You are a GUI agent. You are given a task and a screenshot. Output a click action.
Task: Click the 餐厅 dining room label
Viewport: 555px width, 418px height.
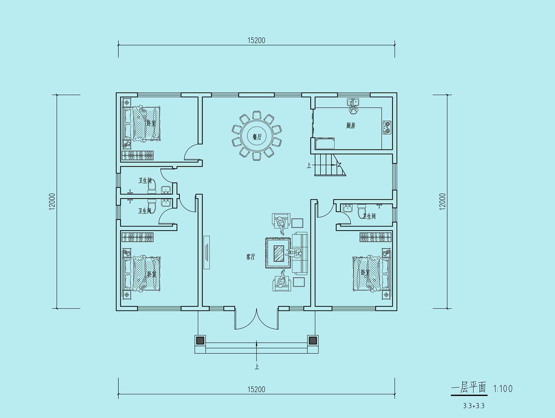pos(257,137)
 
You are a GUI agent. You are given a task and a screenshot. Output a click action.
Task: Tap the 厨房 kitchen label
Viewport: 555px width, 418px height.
pos(351,126)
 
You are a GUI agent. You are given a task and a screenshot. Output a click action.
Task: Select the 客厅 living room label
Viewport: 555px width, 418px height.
pos(251,257)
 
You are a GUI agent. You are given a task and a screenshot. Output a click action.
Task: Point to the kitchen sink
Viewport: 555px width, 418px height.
pos(354,102)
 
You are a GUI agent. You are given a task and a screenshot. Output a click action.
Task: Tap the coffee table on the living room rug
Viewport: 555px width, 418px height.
pos(279,253)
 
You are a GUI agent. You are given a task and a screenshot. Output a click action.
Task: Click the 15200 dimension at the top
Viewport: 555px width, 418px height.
pos(256,40)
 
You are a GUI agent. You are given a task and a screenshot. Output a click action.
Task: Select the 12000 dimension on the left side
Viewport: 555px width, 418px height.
pos(52,201)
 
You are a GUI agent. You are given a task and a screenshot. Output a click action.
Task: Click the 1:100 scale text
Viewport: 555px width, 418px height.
pos(503,389)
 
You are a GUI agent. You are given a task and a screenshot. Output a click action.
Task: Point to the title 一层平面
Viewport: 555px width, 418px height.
pos(469,388)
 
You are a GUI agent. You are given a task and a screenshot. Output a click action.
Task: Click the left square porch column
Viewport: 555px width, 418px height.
pos(200,340)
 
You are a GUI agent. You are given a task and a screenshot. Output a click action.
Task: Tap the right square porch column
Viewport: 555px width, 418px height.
pos(313,340)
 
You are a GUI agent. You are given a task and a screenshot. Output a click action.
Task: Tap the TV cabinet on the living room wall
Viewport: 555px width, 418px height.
pos(206,252)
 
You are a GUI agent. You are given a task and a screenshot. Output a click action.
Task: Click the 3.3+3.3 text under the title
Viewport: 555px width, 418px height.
pos(474,406)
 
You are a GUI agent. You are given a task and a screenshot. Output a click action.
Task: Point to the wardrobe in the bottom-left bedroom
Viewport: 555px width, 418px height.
pos(137,237)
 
